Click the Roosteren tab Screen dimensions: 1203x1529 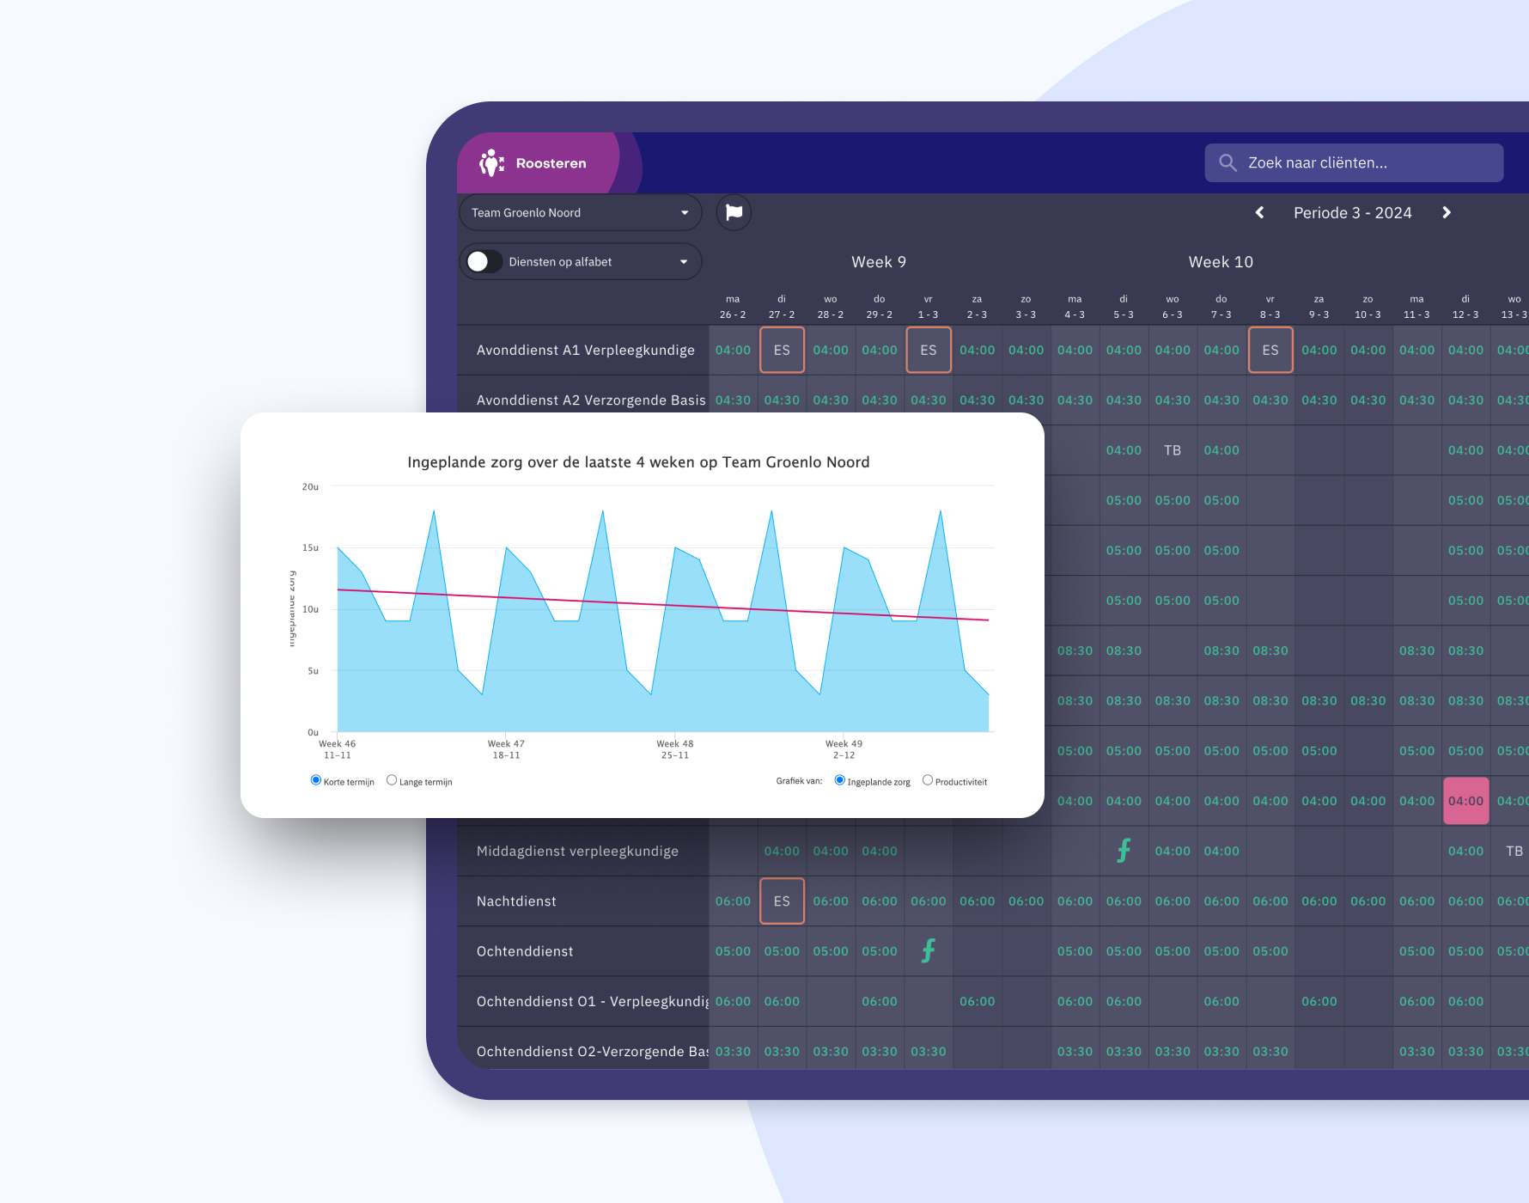[x=536, y=163]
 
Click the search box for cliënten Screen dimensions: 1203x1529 [x=1353, y=163]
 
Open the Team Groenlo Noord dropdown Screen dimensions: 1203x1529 [x=581, y=213]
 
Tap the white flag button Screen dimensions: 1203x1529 [x=734, y=212]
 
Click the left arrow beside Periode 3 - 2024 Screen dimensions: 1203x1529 [x=1259, y=213]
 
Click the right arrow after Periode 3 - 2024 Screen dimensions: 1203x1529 [x=1447, y=213]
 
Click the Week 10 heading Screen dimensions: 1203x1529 [x=1221, y=262]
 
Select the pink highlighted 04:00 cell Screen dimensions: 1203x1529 [x=1465, y=801]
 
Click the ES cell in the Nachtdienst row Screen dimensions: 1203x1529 [x=782, y=901]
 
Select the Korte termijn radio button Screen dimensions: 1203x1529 [x=316, y=780]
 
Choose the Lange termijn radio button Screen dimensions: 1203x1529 [x=392, y=780]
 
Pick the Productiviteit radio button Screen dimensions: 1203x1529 [x=928, y=780]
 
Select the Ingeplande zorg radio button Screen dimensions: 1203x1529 [x=840, y=780]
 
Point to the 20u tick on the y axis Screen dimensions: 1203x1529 [x=310, y=487]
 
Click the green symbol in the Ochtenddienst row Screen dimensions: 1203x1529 [x=929, y=951]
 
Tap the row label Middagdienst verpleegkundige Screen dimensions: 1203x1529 [x=577, y=852]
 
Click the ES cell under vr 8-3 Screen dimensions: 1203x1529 [x=1270, y=351]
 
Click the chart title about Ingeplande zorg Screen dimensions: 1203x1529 [x=638, y=462]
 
